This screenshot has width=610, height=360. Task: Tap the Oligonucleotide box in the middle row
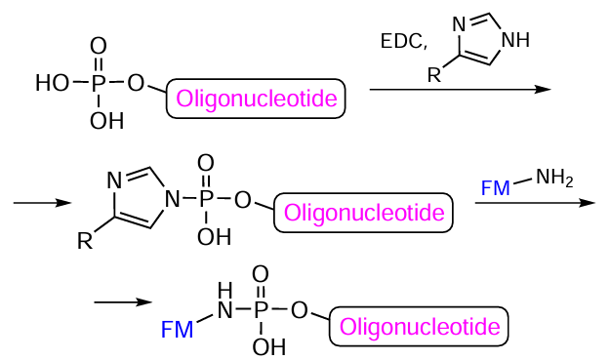[364, 212]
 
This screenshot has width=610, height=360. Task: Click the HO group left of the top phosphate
[54, 84]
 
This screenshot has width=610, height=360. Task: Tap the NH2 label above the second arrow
[553, 178]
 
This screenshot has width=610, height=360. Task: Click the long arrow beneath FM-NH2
[535, 203]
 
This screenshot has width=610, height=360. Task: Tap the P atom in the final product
[262, 310]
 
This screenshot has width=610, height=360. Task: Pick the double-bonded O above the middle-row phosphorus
[205, 161]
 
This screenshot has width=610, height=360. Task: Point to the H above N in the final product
[225, 289]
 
